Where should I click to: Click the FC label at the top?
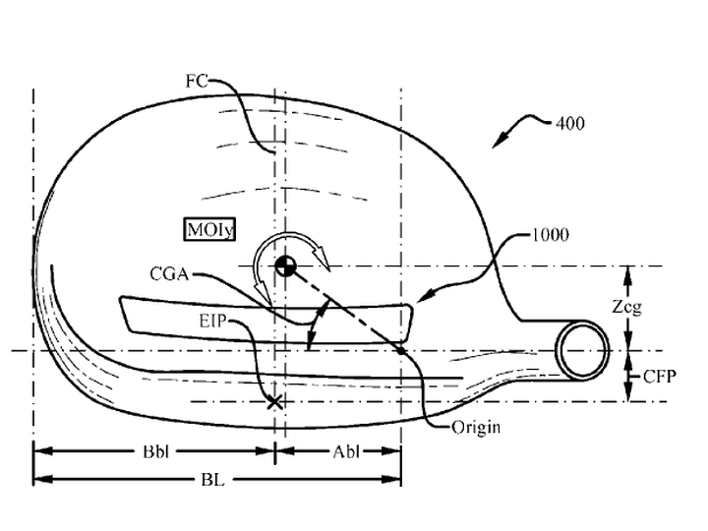(x=197, y=82)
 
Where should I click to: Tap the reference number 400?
(x=569, y=123)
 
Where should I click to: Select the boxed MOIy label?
(x=210, y=230)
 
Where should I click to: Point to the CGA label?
(x=169, y=274)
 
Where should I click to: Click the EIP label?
(x=212, y=321)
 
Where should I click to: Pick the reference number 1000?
(x=551, y=235)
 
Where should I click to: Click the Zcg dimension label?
(x=626, y=308)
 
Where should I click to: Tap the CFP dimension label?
(x=660, y=376)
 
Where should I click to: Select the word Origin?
(x=476, y=427)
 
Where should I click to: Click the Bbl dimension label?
(x=155, y=451)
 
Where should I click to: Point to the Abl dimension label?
(x=346, y=451)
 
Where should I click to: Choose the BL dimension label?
(x=212, y=480)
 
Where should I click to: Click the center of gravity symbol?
(x=285, y=265)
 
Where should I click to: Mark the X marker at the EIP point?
(x=274, y=401)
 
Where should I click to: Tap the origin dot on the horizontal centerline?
(x=401, y=350)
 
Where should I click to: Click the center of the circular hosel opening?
(x=582, y=350)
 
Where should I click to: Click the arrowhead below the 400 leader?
(x=500, y=141)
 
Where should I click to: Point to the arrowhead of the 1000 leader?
(x=423, y=297)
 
